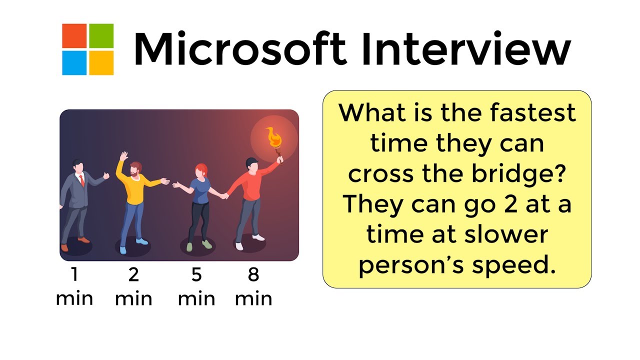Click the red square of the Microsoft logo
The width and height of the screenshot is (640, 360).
[x=74, y=36]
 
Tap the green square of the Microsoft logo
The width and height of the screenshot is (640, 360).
[x=101, y=36]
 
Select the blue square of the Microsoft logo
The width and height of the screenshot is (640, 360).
[x=74, y=62]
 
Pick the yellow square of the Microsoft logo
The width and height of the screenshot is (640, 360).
[x=101, y=62]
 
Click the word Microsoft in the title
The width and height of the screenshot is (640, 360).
[x=240, y=48]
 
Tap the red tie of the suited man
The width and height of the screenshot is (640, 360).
[x=81, y=180]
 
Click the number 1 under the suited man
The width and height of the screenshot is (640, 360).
[x=74, y=275]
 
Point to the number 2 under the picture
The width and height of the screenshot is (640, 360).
[x=133, y=275]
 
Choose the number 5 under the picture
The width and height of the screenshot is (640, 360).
[x=196, y=275]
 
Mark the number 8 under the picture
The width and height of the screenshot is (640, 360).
[x=253, y=275]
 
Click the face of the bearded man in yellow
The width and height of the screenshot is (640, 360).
[x=135, y=170]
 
